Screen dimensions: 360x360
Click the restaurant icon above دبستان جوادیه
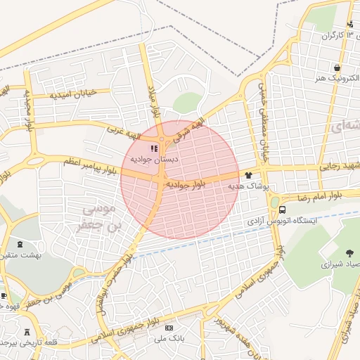point(153,148)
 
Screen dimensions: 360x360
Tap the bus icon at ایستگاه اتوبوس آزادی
point(282,210)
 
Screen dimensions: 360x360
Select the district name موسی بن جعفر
point(99,217)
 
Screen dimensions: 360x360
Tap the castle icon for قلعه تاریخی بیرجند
point(27,331)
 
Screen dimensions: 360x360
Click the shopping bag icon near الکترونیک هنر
point(338,68)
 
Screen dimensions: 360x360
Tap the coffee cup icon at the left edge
point(4,295)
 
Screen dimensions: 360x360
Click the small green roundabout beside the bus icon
point(274,202)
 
